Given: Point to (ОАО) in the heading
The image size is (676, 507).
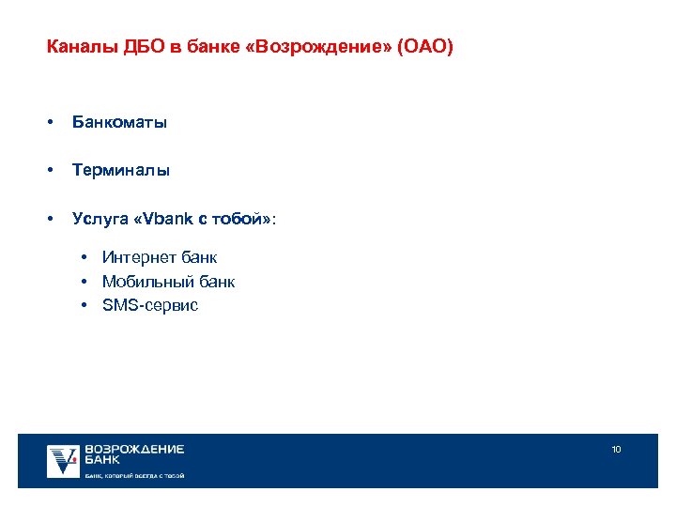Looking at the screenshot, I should point(424,46).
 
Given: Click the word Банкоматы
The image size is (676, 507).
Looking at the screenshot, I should point(120,123).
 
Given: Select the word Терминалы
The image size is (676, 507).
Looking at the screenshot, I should point(121,171).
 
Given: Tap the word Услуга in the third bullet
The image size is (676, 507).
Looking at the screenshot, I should point(100,219).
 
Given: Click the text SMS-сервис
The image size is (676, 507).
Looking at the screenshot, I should point(150,305).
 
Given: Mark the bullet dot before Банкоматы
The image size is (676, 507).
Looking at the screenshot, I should point(49,123).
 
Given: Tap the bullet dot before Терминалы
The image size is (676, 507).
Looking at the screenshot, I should point(49,171).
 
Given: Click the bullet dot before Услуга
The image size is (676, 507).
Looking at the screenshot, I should point(49,219).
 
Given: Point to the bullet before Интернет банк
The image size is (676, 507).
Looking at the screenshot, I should point(84,257).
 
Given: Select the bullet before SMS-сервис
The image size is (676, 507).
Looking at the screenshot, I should point(84,305).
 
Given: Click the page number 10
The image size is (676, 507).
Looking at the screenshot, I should point(616,450).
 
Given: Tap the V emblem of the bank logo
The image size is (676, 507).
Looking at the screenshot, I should point(64,460).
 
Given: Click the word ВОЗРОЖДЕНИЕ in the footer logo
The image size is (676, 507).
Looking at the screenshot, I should point(134,450).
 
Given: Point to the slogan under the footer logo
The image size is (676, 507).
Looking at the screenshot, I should point(134,476).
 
